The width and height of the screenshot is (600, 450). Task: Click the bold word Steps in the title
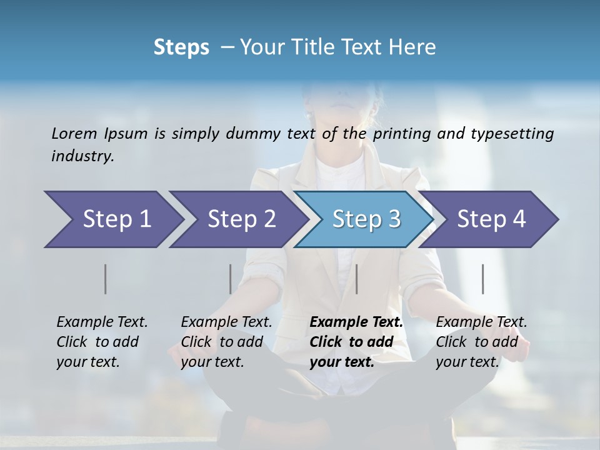coord(181,47)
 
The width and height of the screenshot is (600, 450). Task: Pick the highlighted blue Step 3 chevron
coord(366,219)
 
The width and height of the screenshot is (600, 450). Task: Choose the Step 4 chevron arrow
coord(491,219)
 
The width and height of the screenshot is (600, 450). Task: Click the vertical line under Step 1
coord(106,279)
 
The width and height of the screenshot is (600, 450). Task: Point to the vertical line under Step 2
coord(231,279)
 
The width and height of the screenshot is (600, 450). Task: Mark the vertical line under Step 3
coord(356,279)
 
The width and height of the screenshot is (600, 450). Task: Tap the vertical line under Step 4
coord(483,279)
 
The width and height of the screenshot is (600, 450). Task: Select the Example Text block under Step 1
coord(102,342)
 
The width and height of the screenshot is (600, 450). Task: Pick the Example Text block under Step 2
coord(226,342)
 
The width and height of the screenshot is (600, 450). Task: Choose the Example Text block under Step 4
coord(481,342)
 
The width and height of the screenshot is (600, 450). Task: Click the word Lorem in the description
coord(74,133)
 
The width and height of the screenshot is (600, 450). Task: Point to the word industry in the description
coord(82,156)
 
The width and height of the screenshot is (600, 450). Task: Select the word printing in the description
coord(402,134)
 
